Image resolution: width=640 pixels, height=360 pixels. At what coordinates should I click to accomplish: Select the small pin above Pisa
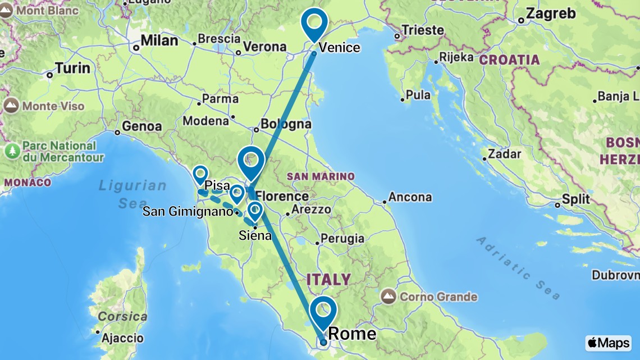pos(200,175)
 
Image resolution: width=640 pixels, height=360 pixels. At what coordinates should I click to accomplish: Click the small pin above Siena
pos(255,211)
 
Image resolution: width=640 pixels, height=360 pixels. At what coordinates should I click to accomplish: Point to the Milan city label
pos(159,40)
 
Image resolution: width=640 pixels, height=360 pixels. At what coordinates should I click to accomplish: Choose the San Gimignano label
pos(188,212)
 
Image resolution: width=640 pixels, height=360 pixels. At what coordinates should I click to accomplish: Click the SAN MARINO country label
pos(321,176)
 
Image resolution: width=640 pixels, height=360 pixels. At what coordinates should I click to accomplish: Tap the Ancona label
pos(413,197)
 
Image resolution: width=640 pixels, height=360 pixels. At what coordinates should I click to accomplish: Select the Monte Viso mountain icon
pos(11,106)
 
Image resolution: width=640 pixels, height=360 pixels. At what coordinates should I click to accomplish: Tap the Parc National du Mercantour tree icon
pos(12,151)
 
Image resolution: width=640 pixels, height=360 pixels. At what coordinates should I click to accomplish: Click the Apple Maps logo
pos(608,343)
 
